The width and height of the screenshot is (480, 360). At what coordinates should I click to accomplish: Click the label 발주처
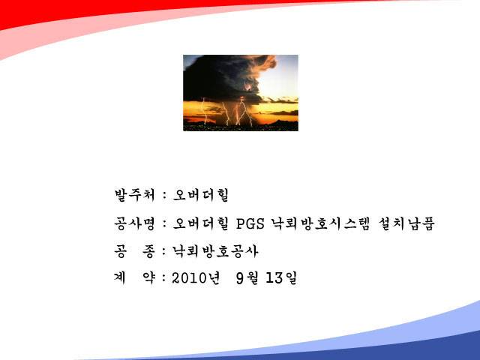click(x=135, y=195)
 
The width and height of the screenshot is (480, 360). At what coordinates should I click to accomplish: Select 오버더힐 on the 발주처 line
click(x=201, y=195)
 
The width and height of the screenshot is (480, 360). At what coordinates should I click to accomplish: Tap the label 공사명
click(x=135, y=223)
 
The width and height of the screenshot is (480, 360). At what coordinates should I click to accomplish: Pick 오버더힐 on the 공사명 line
click(x=201, y=223)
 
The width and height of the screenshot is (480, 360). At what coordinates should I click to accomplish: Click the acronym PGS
click(x=250, y=223)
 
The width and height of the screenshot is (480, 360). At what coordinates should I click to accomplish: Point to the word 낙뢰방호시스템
click(x=320, y=223)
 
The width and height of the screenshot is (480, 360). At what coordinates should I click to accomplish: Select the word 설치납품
click(x=406, y=223)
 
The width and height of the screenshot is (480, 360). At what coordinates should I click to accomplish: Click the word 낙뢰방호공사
click(x=215, y=251)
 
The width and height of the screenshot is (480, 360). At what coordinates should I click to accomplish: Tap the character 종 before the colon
click(x=148, y=251)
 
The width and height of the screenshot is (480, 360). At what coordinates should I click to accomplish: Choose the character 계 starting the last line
click(x=120, y=278)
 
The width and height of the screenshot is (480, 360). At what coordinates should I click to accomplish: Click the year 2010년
click(x=196, y=278)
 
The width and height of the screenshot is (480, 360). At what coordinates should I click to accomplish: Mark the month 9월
click(x=247, y=278)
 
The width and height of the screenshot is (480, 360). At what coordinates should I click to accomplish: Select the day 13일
click(x=282, y=278)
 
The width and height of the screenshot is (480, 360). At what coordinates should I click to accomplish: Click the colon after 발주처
click(x=164, y=196)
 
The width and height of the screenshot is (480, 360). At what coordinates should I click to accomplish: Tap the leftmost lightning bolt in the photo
click(x=205, y=111)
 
